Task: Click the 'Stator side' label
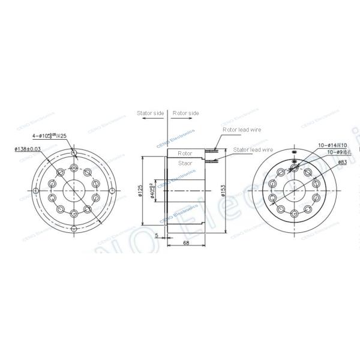[x=151, y=112]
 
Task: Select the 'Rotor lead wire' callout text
[x=241, y=128]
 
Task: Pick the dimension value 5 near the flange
[x=157, y=235]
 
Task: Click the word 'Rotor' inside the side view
[x=185, y=154]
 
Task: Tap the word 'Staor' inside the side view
[x=185, y=163]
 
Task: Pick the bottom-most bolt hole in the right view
[x=293, y=214]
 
